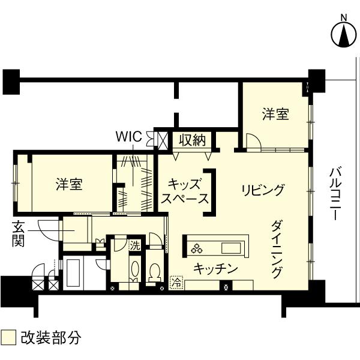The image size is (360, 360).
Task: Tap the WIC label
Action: (x=129, y=137)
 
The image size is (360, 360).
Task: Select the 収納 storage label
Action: (x=192, y=140)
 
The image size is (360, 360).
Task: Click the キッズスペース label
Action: (x=185, y=191)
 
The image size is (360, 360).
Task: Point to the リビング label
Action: (x=263, y=190)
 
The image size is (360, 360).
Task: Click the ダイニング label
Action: (x=277, y=249)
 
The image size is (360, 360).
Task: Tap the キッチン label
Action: (x=215, y=268)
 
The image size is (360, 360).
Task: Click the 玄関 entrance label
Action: (x=18, y=234)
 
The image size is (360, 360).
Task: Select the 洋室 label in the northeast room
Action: (x=275, y=114)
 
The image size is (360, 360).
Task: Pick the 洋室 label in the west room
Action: (x=69, y=184)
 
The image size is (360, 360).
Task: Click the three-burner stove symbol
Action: (x=197, y=248)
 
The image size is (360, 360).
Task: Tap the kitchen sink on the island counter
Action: (x=231, y=248)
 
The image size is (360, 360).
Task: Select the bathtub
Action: (x=73, y=273)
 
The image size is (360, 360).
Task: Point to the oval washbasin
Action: (x=135, y=269)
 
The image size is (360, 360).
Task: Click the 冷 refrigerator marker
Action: (x=177, y=283)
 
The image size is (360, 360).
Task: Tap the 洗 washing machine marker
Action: (x=135, y=246)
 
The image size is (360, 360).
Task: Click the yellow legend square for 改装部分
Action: (x=8, y=337)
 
